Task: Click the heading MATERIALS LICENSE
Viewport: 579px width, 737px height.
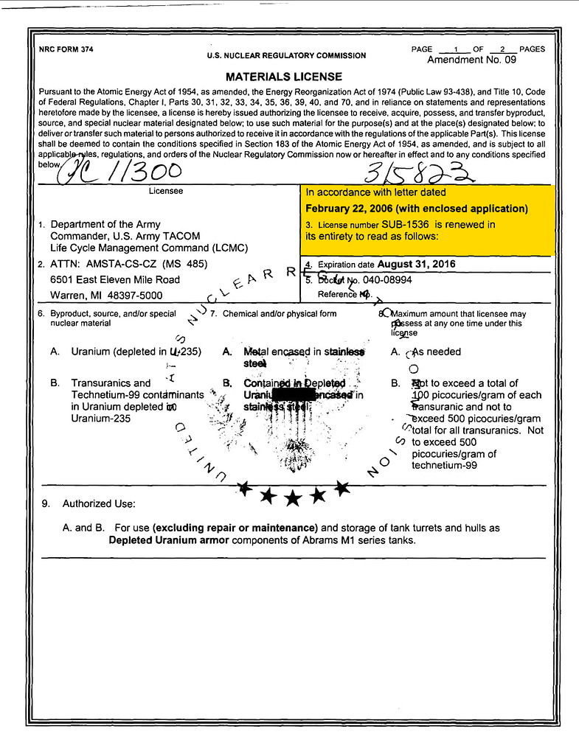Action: click(284, 77)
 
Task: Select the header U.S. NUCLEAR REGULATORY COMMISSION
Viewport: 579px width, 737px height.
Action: click(286, 56)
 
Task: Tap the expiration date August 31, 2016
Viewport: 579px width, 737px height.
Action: click(416, 264)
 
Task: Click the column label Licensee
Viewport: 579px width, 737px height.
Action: click(166, 191)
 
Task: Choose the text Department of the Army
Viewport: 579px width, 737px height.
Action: click(105, 224)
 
